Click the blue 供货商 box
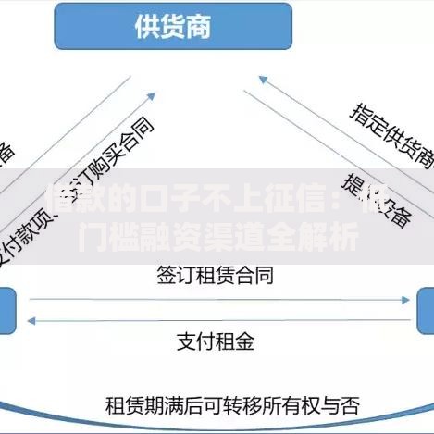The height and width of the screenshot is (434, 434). [x=173, y=25]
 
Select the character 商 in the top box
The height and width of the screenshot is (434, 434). [x=196, y=25]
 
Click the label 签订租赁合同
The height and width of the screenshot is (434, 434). [x=215, y=276]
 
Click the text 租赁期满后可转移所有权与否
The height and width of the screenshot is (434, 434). [x=232, y=404]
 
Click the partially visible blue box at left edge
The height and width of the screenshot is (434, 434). [x=6, y=310]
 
